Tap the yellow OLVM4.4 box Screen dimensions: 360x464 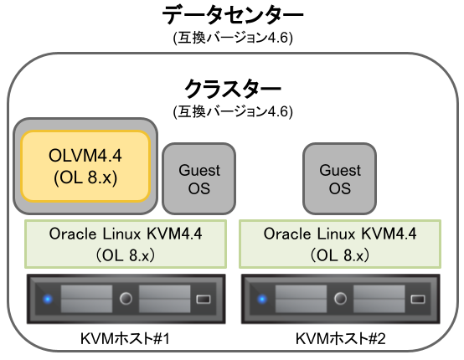[85, 165]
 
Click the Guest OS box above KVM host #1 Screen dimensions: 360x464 [199, 178]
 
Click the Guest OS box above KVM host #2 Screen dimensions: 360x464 [340, 178]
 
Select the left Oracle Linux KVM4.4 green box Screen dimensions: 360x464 [126, 243]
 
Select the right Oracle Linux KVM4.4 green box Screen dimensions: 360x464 [339, 243]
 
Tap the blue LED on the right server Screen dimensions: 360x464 [261, 298]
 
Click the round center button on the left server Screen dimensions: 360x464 [126, 298]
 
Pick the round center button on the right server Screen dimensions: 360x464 [340, 298]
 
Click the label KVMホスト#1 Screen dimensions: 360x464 [126, 339]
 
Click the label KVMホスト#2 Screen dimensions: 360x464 [339, 339]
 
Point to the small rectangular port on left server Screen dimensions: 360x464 [204, 298]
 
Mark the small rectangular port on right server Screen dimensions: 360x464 [417, 298]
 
